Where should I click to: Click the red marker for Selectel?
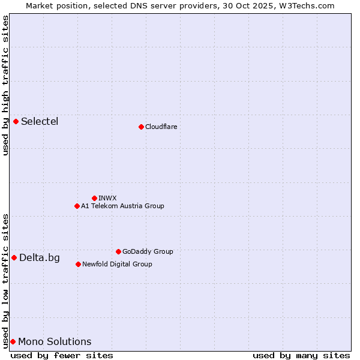pyautogui.click(x=16, y=122)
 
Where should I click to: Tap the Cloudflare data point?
pyautogui.click(x=141, y=127)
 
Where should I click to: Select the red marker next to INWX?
pyautogui.click(x=94, y=198)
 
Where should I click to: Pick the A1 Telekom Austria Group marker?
pyautogui.click(x=77, y=206)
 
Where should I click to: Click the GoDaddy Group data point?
pyautogui.click(x=118, y=251)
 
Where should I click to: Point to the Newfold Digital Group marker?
pyautogui.click(x=78, y=264)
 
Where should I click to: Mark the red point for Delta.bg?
pyautogui.click(x=14, y=258)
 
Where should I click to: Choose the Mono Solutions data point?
pyautogui.click(x=13, y=342)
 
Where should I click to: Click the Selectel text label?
pyautogui.click(x=40, y=122)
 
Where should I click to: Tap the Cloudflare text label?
pyautogui.click(x=161, y=127)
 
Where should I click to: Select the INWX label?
pyautogui.click(x=107, y=198)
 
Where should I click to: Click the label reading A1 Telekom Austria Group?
pyautogui.click(x=122, y=206)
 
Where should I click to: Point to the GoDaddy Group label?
pyautogui.click(x=148, y=251)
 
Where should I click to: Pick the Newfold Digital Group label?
pyautogui.click(x=117, y=264)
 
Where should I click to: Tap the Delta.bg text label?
pyautogui.click(x=40, y=258)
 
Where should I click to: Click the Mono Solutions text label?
pyautogui.click(x=55, y=342)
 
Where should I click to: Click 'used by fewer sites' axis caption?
pyautogui.click(x=62, y=355)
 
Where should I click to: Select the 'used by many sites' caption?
pyautogui.click(x=301, y=355)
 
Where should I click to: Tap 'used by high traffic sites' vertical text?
pyautogui.click(x=5, y=85)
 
